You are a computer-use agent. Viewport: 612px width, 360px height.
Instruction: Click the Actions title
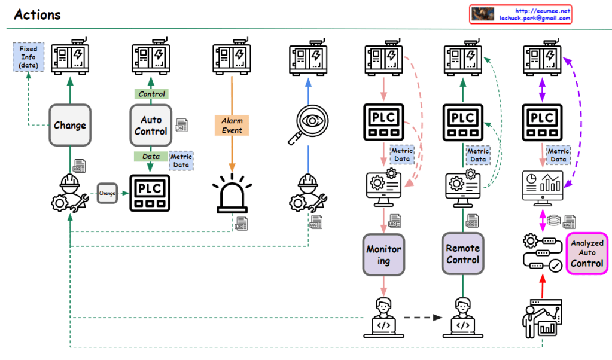[x=37, y=14]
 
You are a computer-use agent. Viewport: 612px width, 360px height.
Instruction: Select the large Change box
[x=70, y=125]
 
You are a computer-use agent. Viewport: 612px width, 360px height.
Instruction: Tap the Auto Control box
[x=151, y=125]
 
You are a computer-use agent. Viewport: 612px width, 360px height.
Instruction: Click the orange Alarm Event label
[x=232, y=125]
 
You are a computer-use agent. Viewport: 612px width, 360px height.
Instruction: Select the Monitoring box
[x=383, y=254]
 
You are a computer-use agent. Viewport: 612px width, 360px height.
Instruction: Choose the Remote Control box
[x=462, y=254]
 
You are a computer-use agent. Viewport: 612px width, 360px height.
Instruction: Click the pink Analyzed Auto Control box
[x=586, y=254]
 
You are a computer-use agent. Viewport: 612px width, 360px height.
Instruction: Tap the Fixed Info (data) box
[x=28, y=56]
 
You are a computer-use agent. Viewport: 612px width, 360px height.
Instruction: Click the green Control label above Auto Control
[x=151, y=94]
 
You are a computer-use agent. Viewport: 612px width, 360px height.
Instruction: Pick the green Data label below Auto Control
[x=151, y=156]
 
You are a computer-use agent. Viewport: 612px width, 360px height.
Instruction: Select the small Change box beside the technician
[x=107, y=193]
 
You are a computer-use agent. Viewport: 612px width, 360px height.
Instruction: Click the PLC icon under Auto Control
[x=150, y=193]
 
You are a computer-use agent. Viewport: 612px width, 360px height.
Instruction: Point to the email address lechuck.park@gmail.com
[x=534, y=19]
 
